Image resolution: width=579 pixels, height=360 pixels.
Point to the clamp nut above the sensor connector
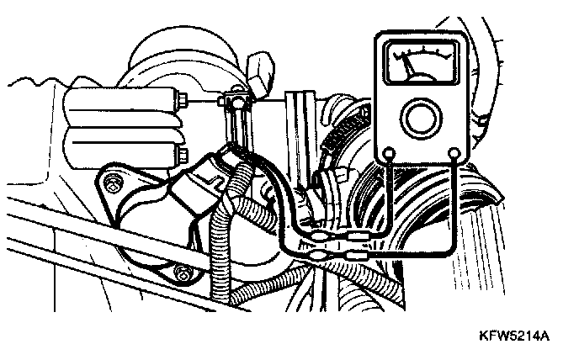point(236,103)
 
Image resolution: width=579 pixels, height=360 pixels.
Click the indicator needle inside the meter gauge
point(410,64)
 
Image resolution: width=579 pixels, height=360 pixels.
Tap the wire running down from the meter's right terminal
point(454,202)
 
